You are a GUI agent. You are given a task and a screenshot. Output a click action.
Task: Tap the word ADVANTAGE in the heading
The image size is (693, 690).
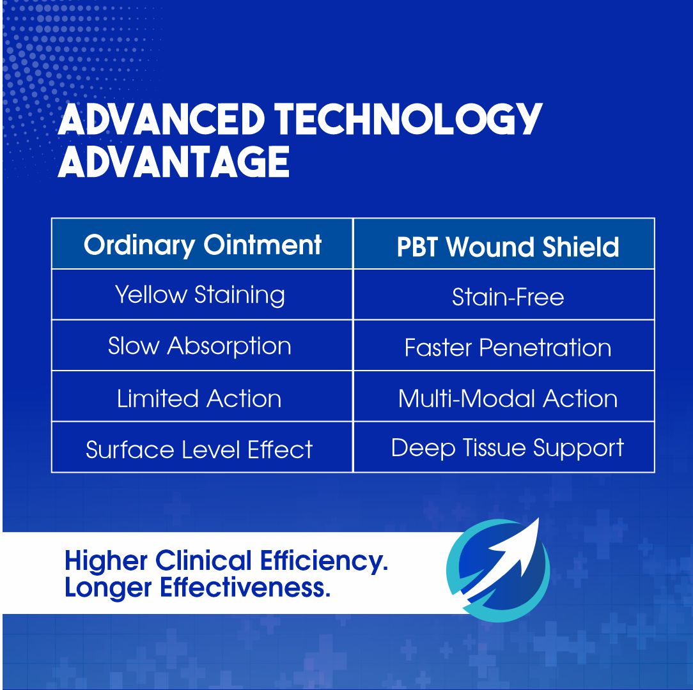174,162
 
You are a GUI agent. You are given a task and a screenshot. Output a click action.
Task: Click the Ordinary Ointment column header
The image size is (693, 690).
202,245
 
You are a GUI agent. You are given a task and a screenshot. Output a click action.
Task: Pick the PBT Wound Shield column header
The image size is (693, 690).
508,247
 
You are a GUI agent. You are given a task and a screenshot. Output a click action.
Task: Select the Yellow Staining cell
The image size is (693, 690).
200,295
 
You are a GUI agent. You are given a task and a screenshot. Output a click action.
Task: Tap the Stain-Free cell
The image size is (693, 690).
508,297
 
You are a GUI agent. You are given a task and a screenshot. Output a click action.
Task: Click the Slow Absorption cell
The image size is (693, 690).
199,346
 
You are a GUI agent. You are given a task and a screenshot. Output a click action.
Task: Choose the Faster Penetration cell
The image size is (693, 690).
508,348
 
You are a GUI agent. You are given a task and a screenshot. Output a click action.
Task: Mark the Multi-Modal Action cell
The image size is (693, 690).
508,399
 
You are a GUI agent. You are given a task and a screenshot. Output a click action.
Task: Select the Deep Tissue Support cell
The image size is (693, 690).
507,448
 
